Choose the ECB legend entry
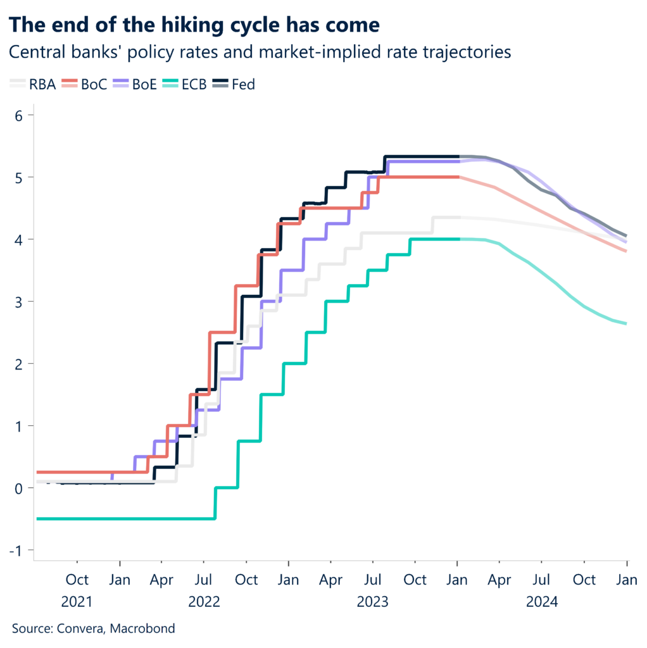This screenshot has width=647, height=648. pos(194,84)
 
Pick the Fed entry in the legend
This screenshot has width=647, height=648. pos(243,84)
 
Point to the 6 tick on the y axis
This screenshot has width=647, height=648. pos(20,115)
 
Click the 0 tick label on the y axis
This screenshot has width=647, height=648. pos(20,488)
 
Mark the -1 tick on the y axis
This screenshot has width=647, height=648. pos(17,550)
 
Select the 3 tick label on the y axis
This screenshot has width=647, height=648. pos(20,301)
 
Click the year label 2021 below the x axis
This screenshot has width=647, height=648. pos(77,602)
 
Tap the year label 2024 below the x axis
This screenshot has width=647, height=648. pos(542,602)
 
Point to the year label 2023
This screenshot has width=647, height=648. pos(373,602)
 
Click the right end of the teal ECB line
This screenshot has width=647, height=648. pos(626,323)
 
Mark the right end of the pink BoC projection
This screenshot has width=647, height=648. pos(626,251)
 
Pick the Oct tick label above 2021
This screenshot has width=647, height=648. pos(77,580)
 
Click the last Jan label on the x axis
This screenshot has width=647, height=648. pos(626,580)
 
